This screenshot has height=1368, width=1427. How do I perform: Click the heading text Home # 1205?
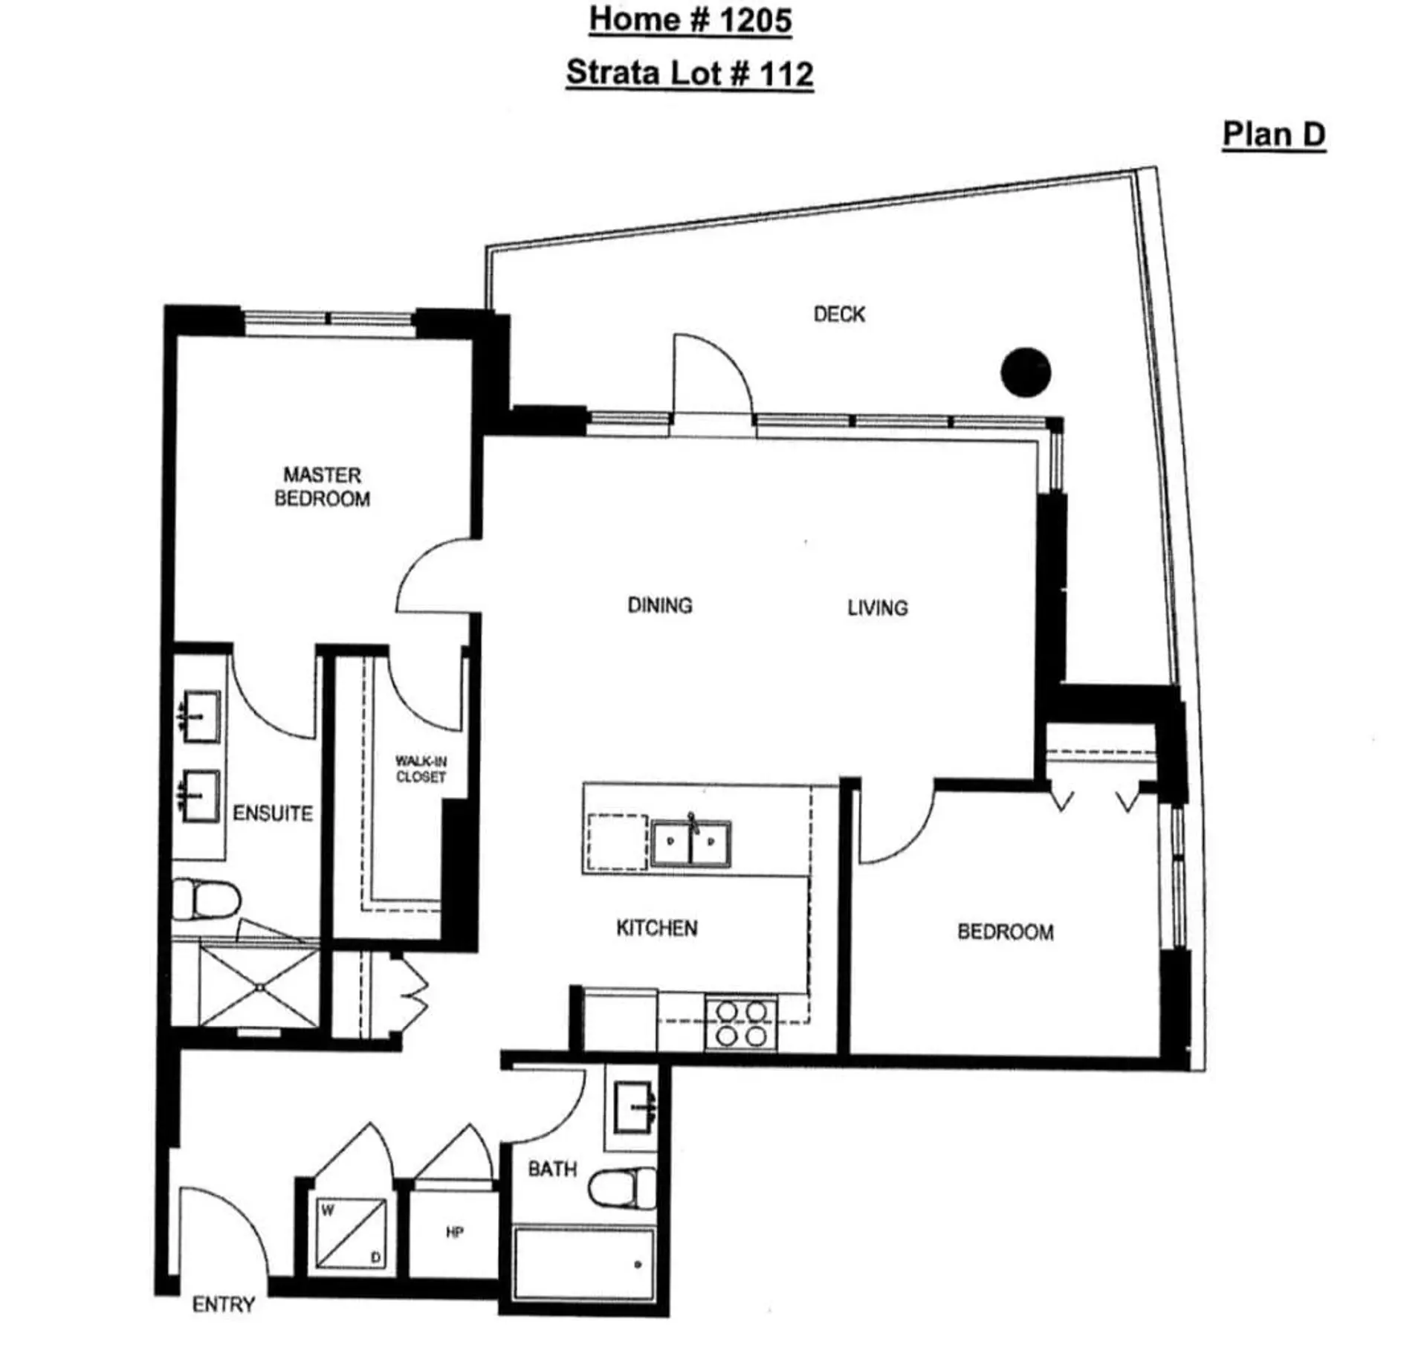click(690, 20)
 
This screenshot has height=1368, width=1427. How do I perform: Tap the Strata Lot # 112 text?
click(689, 73)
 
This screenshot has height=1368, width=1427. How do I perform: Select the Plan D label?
click(1273, 135)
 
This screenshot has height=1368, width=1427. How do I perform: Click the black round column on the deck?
click(1025, 372)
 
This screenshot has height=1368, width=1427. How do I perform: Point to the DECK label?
click(838, 314)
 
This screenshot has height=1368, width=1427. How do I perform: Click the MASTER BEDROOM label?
click(322, 487)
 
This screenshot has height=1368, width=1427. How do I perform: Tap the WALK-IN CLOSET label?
click(421, 769)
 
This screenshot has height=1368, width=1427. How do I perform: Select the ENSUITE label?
click(273, 813)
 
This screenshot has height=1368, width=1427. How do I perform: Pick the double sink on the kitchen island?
click(690, 843)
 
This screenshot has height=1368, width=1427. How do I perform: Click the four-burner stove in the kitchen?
click(741, 1024)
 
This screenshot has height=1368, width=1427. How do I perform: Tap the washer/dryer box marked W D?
click(351, 1233)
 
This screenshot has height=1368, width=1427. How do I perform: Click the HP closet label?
click(454, 1233)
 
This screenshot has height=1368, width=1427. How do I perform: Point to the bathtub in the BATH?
click(584, 1265)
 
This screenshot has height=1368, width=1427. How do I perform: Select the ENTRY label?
click(223, 1304)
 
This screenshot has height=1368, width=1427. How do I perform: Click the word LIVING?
click(877, 608)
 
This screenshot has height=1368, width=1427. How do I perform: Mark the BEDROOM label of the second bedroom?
click(1005, 932)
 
